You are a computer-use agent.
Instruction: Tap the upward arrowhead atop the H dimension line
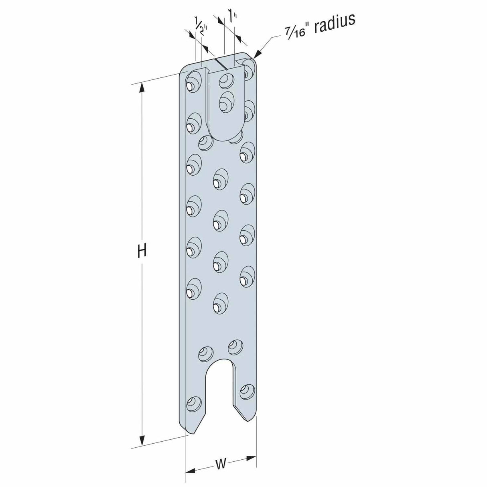[141, 88]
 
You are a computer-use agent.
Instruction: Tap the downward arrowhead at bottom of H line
[141, 442]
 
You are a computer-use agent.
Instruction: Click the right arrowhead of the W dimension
[252, 458]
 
